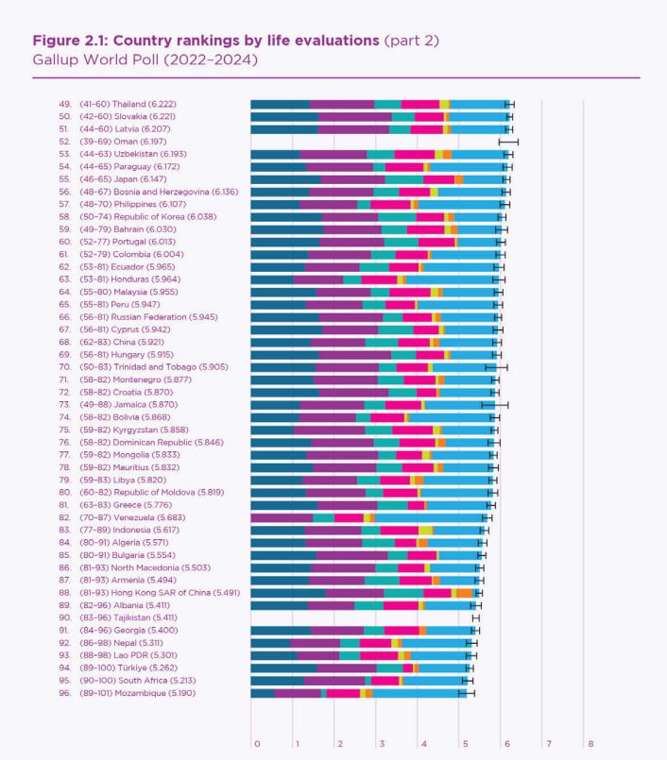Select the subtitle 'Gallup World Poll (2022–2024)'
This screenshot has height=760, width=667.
[x=145, y=59]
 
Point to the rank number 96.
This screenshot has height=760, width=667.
[x=65, y=693]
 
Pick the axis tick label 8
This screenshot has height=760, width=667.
[x=589, y=743]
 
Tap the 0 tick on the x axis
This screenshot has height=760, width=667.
[x=256, y=743]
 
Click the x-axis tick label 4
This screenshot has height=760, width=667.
[x=422, y=743]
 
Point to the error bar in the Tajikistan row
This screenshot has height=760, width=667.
[x=476, y=617]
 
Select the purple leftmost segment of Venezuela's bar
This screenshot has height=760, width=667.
[x=282, y=517]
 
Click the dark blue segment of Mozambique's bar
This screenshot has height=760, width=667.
[x=263, y=693]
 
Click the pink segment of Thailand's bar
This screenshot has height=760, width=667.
[x=419, y=104]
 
